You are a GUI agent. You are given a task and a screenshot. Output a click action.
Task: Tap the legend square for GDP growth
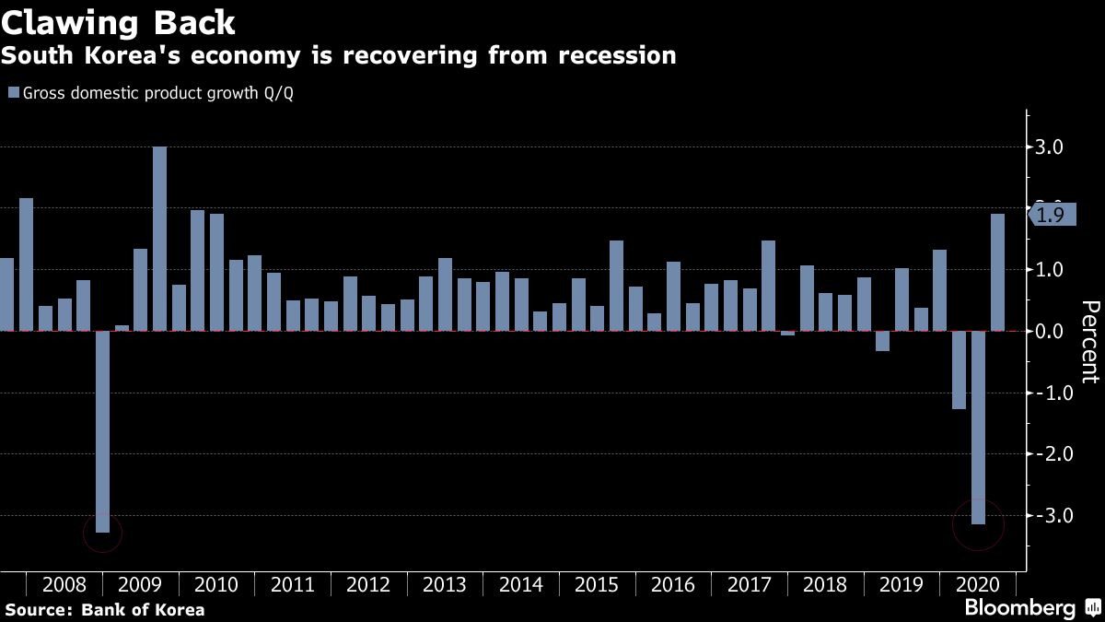pos(13,92)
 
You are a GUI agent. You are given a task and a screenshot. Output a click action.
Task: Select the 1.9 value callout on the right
pos(1051,215)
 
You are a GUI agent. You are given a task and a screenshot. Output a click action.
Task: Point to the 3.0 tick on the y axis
pos(1050,147)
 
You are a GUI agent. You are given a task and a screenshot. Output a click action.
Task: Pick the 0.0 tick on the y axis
pos(1050,331)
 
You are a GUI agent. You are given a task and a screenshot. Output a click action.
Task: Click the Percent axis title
pos(1089,341)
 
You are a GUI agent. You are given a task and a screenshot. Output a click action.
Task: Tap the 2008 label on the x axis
pos(64,585)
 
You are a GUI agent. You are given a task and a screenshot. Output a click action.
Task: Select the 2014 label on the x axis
pos(520,585)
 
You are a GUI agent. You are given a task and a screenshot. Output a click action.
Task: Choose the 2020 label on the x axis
pos(977,585)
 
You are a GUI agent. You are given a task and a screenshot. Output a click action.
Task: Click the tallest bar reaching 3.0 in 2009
pos(159,238)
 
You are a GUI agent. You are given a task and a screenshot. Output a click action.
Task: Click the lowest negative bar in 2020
pos(978,427)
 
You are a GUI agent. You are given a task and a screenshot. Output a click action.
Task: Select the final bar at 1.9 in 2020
pos(997,272)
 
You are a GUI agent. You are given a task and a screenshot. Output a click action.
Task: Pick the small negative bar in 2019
pos(882,341)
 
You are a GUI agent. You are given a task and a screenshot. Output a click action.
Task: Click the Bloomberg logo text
pos(1019,608)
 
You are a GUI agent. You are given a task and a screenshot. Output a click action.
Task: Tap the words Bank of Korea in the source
pos(143,610)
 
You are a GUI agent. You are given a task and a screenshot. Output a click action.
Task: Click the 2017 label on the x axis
pos(749,585)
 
